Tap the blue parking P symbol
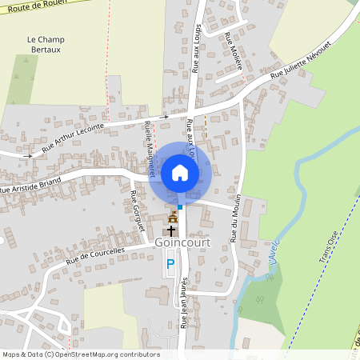170,263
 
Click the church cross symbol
172,230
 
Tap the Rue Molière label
233,50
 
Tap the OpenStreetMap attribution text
81,354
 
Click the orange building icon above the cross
173,217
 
